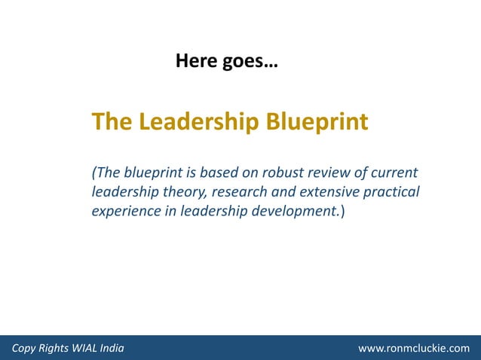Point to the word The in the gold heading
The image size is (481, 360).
click(107, 121)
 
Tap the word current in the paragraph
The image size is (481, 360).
click(394, 172)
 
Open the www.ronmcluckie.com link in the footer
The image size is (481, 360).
click(414, 349)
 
